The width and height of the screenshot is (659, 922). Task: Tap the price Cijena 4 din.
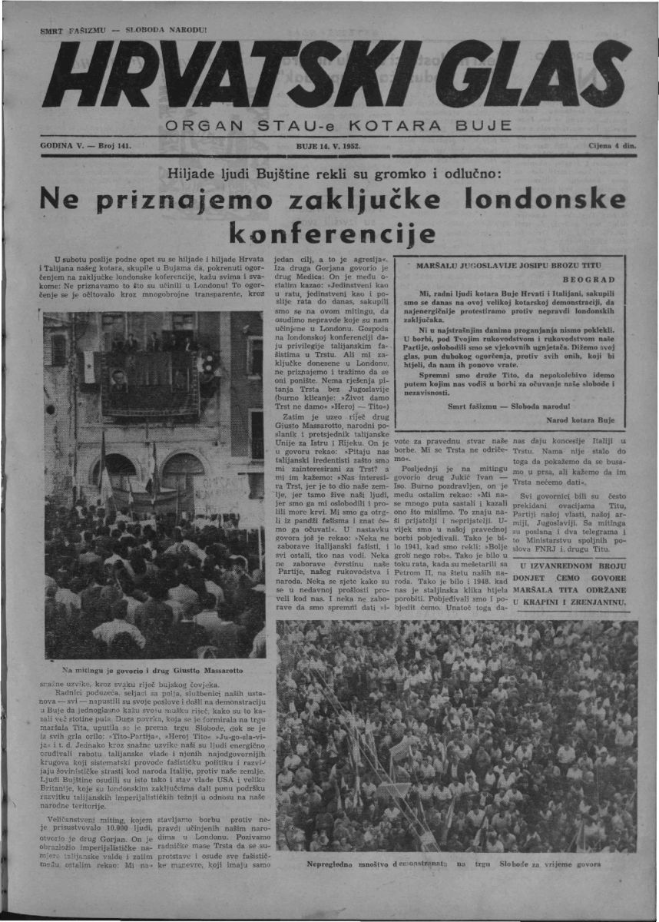coord(610,144)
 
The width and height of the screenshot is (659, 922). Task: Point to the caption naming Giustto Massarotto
coord(154,669)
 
